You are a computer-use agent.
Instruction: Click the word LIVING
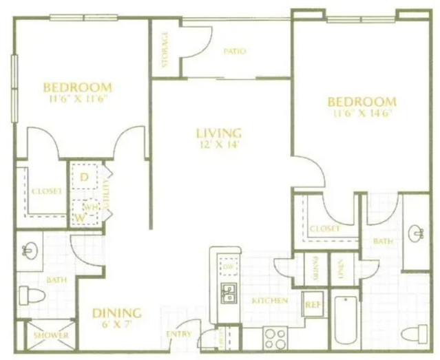(219, 133)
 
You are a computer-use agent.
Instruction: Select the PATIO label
(235, 51)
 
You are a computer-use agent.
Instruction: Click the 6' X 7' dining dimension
(116, 323)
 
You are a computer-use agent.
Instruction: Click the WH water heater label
(89, 206)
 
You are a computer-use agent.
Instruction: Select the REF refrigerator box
(313, 302)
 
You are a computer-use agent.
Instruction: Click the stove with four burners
(275, 339)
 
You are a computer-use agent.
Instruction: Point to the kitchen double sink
(228, 293)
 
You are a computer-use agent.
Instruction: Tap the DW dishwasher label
(227, 266)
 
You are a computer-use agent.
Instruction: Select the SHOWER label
(51, 335)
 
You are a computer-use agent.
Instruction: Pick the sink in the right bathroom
(417, 233)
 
